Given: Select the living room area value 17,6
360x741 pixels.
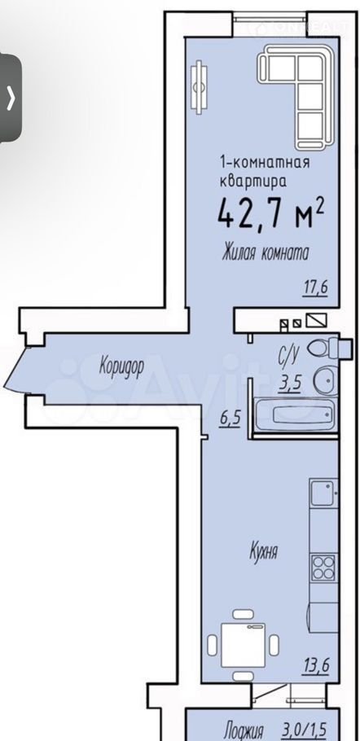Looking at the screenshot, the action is point(315,287).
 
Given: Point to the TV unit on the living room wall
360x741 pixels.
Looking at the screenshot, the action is point(199,87).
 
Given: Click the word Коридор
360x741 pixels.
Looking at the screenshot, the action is point(121,366).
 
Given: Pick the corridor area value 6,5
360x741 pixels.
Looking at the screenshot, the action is point(229,419).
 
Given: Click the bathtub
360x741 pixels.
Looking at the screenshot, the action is point(295,414).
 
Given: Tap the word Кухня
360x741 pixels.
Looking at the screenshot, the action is point(263,552).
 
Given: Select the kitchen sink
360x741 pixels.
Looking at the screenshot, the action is point(323,493).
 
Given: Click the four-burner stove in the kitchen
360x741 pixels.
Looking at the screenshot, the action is point(323,567).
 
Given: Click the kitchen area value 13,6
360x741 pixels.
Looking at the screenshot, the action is point(315,665).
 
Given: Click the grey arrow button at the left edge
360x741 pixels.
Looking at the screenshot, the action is point(11,99).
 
